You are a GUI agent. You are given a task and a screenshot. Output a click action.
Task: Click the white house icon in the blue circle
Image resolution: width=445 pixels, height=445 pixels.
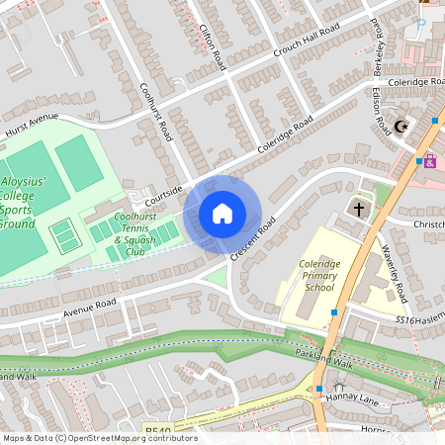[222, 214]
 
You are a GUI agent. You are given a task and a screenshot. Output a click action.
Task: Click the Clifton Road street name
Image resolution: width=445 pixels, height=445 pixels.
[215, 44]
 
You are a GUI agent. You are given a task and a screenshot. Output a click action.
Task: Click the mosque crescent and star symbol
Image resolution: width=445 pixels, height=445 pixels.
[400, 127]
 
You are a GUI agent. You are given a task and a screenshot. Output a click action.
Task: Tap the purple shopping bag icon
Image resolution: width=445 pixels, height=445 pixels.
[430, 161]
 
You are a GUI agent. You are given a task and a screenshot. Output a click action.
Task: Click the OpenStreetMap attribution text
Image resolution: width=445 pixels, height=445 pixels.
[99, 438]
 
